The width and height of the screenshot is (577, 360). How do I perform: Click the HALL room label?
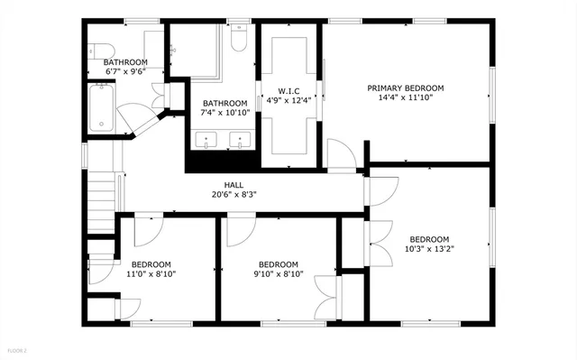[234, 184]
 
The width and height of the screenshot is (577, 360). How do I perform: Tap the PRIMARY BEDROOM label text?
[405, 88]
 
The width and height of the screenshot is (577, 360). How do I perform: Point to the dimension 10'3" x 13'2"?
[429, 249]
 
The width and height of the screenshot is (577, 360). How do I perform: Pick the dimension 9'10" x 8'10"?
[278, 274]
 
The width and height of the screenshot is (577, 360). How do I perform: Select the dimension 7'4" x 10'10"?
[224, 113]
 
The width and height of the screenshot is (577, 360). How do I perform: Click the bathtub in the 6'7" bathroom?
[102, 106]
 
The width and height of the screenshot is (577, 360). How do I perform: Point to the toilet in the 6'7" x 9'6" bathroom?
[98, 51]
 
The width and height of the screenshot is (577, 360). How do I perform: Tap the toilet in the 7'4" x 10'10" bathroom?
[239, 41]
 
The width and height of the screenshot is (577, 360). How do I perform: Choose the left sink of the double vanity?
[209, 140]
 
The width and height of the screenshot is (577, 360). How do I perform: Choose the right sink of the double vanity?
[241, 140]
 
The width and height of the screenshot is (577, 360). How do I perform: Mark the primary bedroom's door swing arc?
[339, 153]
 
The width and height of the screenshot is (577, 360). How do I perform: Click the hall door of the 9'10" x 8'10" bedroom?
[240, 231]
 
